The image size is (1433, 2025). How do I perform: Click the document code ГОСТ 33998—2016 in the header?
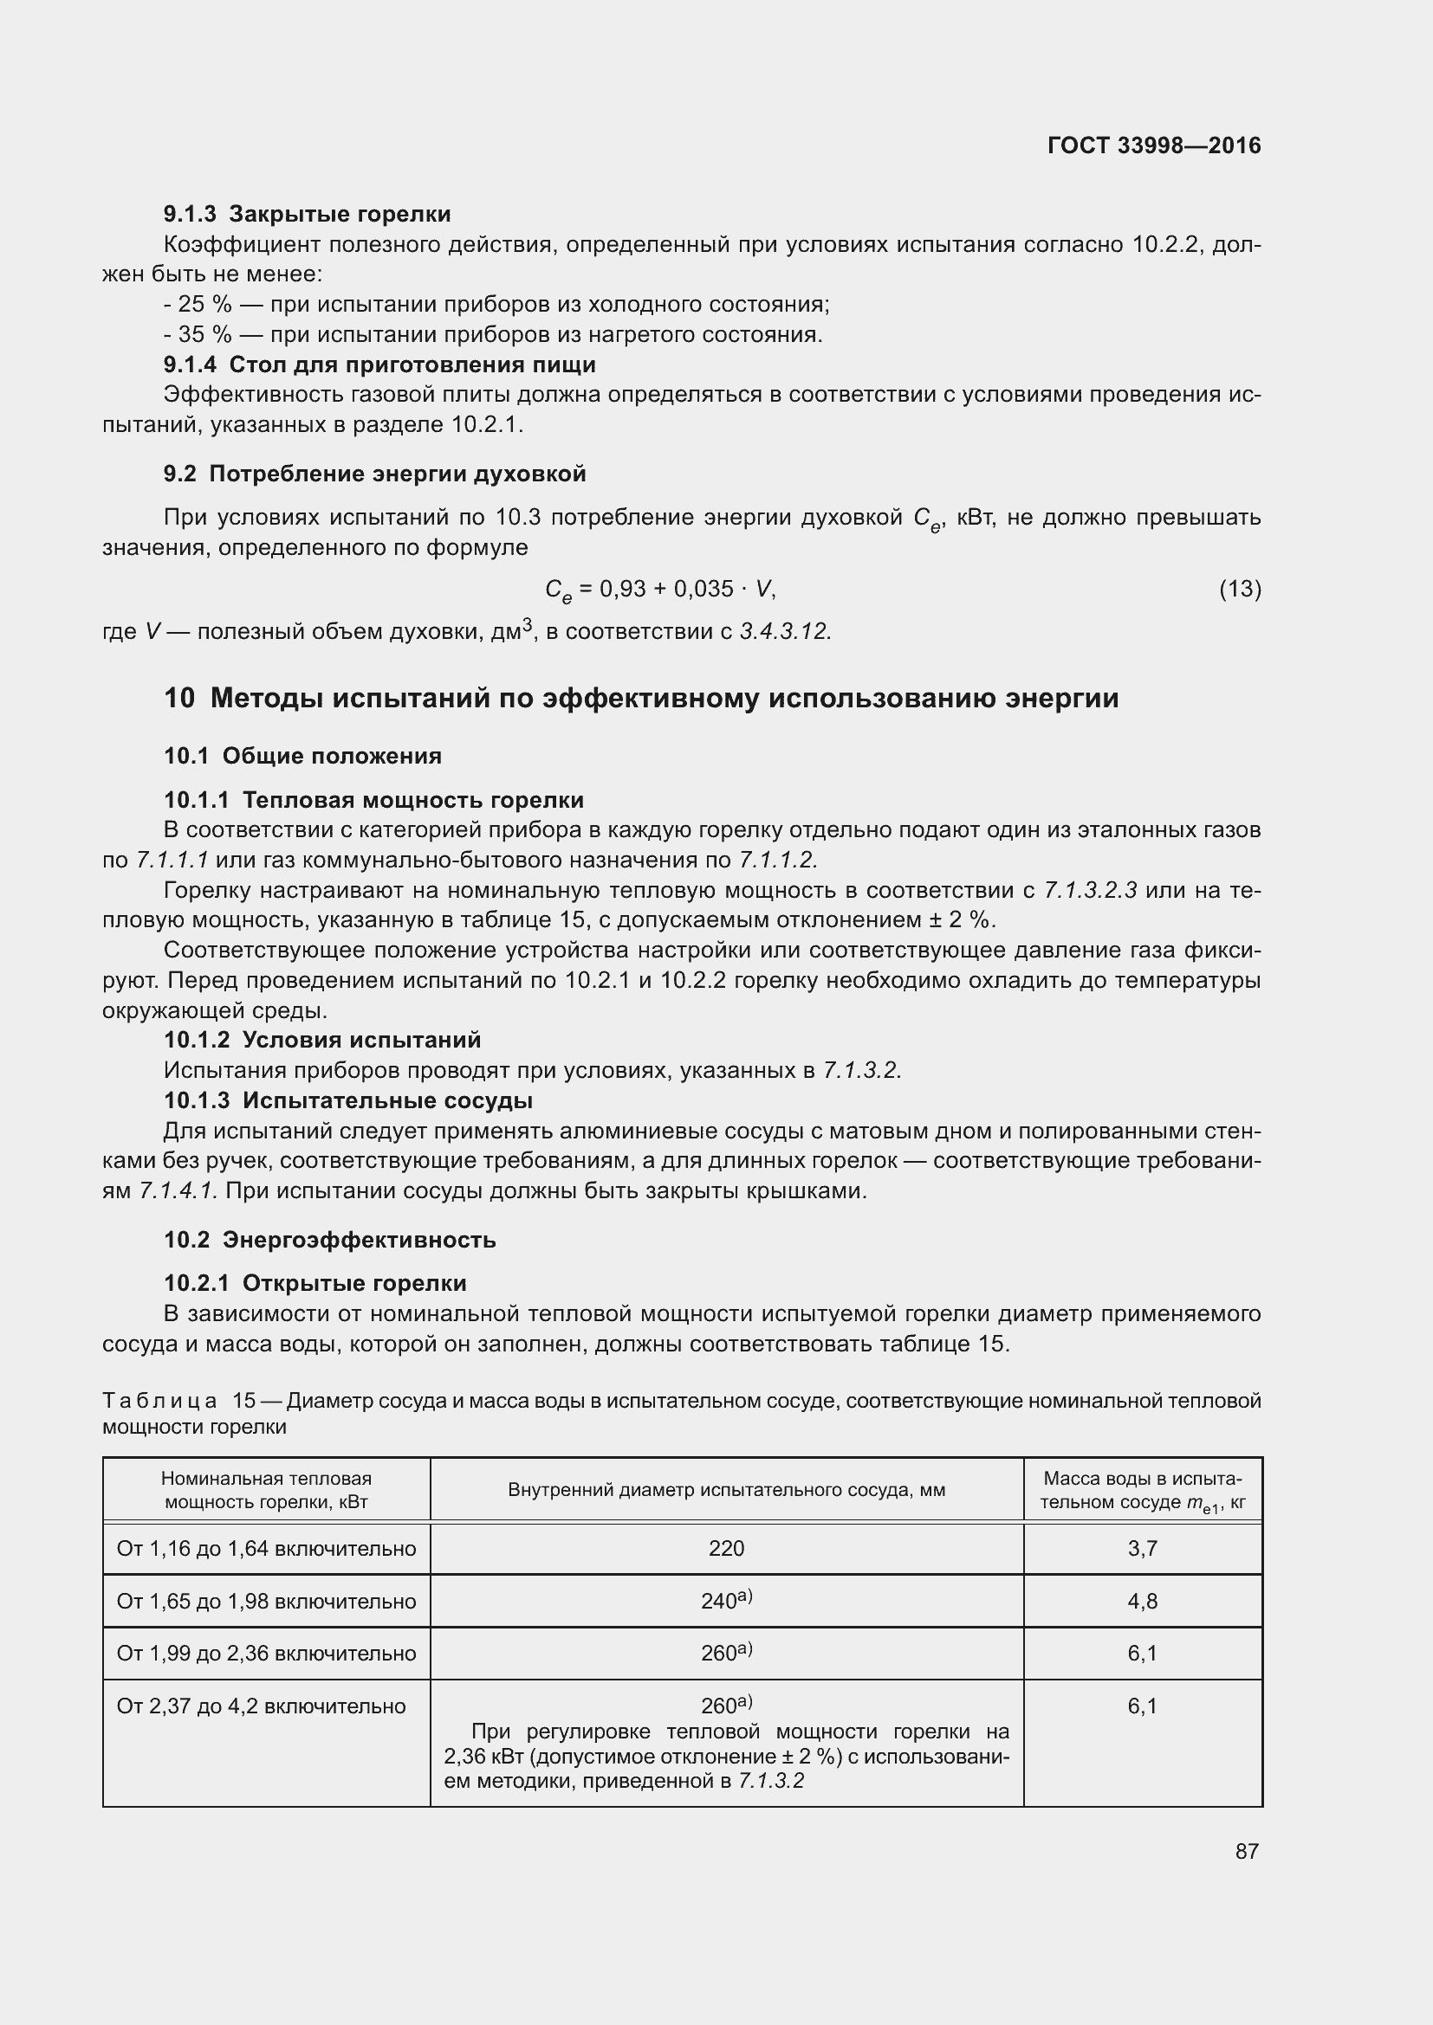click(x=1153, y=145)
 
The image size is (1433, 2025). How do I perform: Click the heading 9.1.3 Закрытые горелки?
click(x=307, y=215)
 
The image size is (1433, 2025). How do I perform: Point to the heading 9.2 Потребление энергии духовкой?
click(x=375, y=474)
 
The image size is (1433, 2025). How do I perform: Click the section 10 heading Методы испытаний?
click(x=640, y=698)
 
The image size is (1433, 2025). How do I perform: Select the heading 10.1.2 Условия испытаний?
click(x=322, y=1040)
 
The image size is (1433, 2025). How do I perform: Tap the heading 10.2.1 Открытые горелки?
click(x=315, y=1283)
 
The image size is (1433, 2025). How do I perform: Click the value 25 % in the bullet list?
click(x=204, y=304)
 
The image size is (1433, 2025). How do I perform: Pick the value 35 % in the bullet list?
click(x=204, y=334)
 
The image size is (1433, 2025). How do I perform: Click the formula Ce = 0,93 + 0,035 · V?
click(x=660, y=590)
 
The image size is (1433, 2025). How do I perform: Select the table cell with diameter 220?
click(x=726, y=1549)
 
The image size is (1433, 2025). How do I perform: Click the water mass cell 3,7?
click(x=1142, y=1549)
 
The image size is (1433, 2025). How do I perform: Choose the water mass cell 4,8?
click(x=1142, y=1601)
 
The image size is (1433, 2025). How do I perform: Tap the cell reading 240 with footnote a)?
click(x=726, y=1600)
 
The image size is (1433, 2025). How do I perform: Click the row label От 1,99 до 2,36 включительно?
click(x=266, y=1653)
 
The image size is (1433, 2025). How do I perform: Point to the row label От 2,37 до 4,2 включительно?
click(x=261, y=1706)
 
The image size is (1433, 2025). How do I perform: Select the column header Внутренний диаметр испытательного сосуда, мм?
click(x=726, y=1491)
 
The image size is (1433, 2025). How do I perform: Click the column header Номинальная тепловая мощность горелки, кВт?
click(x=266, y=1491)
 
